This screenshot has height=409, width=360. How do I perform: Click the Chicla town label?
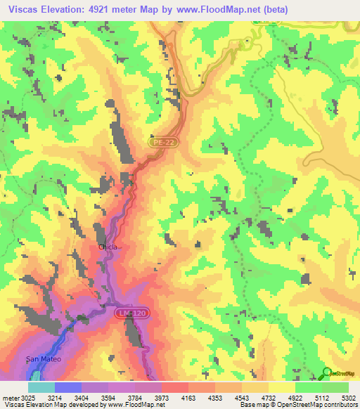coord(108,247)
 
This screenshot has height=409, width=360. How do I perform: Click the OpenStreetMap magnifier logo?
coord(327,373)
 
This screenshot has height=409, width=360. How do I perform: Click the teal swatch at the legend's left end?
coord(41,387)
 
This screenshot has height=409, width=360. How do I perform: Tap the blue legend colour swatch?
coord(68,387)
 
